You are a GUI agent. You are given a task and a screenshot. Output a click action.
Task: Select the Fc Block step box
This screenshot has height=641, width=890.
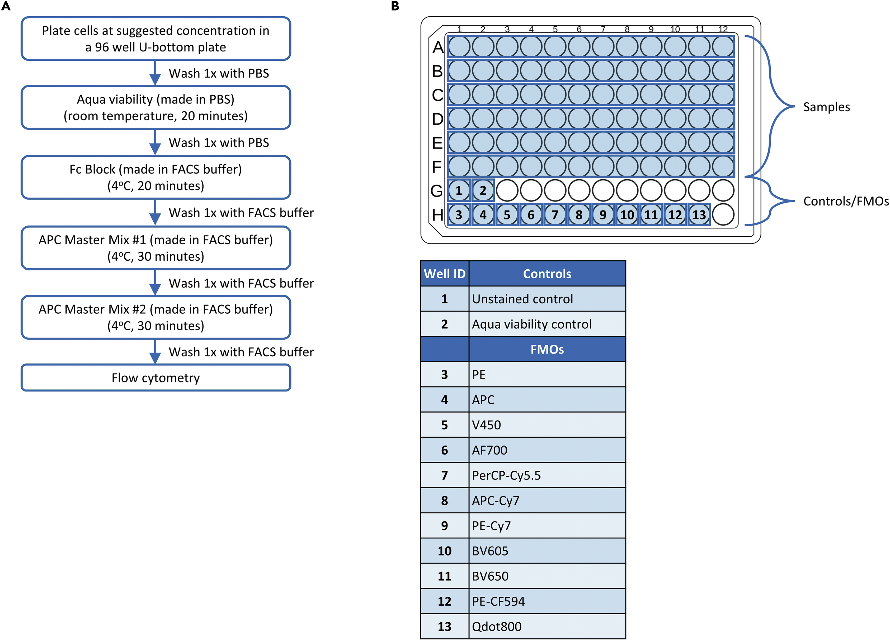(156, 177)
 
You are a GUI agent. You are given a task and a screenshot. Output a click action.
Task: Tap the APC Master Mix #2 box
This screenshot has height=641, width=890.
(156, 317)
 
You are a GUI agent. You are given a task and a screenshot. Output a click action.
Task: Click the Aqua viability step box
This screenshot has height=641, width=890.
(156, 107)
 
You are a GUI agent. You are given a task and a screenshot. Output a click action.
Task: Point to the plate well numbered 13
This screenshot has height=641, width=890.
(699, 214)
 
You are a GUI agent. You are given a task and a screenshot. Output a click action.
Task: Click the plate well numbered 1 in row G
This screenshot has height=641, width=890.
(459, 190)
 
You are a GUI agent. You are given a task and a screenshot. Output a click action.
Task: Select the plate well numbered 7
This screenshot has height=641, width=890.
(555, 214)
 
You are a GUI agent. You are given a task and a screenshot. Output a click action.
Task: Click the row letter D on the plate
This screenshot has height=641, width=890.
(437, 119)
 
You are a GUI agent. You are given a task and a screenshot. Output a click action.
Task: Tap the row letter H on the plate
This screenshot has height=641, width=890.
(437, 215)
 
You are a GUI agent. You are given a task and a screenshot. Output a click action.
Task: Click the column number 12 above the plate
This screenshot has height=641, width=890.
(723, 29)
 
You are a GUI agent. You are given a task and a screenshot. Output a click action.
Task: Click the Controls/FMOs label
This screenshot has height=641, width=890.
(846, 201)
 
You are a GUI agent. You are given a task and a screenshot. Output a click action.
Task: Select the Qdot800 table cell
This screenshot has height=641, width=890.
(547, 626)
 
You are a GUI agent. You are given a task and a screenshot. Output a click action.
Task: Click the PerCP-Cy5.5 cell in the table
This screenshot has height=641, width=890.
(547, 475)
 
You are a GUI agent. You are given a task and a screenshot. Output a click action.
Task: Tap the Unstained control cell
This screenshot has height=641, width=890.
(547, 299)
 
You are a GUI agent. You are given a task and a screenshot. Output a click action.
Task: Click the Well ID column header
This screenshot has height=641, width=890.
(445, 274)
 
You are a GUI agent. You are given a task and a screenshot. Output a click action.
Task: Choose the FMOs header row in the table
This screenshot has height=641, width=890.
(547, 349)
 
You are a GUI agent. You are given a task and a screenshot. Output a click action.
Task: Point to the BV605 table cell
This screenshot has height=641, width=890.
(547, 551)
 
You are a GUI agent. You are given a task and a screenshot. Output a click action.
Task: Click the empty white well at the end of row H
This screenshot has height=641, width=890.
(723, 214)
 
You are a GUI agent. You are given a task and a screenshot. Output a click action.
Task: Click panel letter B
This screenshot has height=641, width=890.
(395, 6)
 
